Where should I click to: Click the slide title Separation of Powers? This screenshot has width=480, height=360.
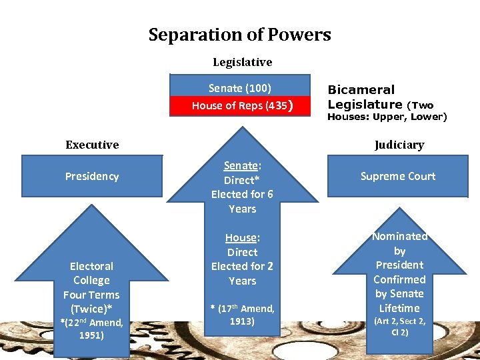(239, 35)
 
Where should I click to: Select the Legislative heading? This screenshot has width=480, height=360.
(242, 62)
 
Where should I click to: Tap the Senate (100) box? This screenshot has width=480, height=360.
(240, 88)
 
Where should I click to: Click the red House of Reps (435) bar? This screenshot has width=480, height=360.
(240, 105)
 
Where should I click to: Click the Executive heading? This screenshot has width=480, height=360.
(92, 145)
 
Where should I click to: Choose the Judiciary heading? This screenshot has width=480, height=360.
(399, 145)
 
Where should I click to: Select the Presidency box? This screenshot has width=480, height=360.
(92, 176)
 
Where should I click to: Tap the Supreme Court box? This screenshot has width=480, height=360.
(398, 176)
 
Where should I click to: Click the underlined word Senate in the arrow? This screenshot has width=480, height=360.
(241, 166)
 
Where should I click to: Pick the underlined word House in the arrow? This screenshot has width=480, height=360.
(241, 238)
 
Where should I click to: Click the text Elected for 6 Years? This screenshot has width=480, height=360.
(242, 201)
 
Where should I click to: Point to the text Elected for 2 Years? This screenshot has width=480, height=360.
(242, 273)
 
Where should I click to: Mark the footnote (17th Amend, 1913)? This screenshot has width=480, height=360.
(243, 314)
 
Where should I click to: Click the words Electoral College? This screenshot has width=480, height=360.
(91, 273)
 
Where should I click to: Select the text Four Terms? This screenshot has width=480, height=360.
(91, 295)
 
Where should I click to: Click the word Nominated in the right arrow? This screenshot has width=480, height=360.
(400, 237)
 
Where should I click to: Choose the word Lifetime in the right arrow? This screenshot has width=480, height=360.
(399, 308)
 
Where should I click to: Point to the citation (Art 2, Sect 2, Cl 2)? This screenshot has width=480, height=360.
(400, 326)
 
